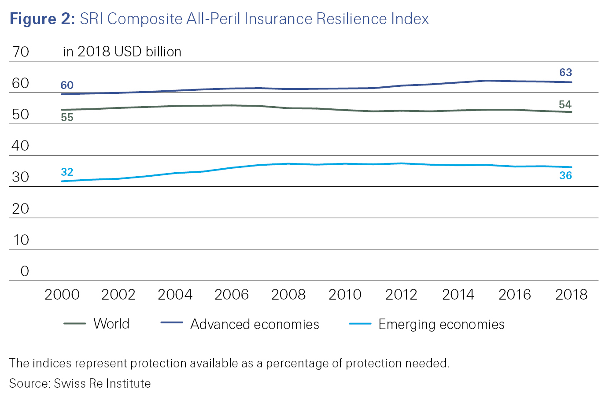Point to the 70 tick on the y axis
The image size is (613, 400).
point(21,52)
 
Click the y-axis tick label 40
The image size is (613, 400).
point(21,146)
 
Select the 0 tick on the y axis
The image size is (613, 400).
point(25,271)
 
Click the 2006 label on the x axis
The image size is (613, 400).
point(232,295)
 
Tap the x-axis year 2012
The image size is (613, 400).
point(401,295)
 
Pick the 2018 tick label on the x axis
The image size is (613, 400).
point(571,295)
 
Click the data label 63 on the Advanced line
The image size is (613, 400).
point(565,73)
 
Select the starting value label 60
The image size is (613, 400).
point(67,85)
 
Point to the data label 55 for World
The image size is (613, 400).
point(67,118)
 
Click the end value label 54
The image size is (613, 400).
point(565,105)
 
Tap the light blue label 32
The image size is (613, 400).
point(67,172)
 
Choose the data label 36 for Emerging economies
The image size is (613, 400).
point(565,176)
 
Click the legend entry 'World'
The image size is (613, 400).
point(111,324)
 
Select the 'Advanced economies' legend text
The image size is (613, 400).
point(255,324)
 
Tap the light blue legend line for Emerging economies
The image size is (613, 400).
point(360,324)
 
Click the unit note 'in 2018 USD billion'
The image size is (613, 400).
point(122,52)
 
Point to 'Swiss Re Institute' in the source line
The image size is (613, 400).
point(102,384)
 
